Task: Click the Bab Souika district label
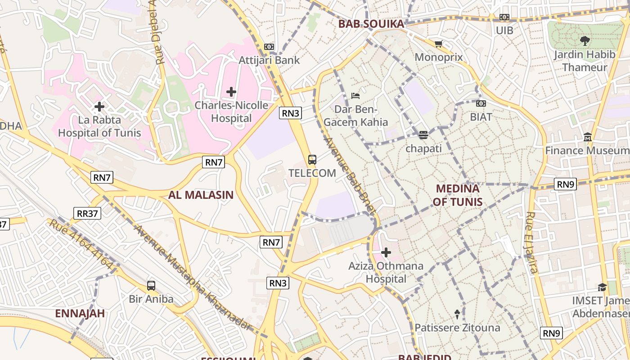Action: (x=371, y=24)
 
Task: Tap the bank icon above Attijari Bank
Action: (x=269, y=47)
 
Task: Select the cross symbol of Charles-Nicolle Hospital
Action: (x=231, y=92)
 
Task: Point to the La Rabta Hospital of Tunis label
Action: (x=99, y=126)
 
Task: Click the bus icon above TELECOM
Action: (x=312, y=160)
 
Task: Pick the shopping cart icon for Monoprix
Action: (x=438, y=44)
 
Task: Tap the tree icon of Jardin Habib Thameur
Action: (x=585, y=41)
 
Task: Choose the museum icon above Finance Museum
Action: (x=587, y=137)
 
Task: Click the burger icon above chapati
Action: (x=423, y=135)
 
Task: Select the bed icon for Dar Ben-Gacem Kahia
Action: (x=355, y=96)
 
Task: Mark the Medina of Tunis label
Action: (x=457, y=195)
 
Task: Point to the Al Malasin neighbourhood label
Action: (x=201, y=195)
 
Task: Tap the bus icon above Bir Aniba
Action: (x=151, y=286)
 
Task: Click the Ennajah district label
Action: (x=80, y=313)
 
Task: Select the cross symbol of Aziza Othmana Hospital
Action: (x=386, y=252)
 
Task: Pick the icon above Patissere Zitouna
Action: (x=457, y=314)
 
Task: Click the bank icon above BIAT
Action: (x=481, y=104)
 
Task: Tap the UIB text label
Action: (x=504, y=31)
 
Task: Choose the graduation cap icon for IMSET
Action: (x=602, y=287)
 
